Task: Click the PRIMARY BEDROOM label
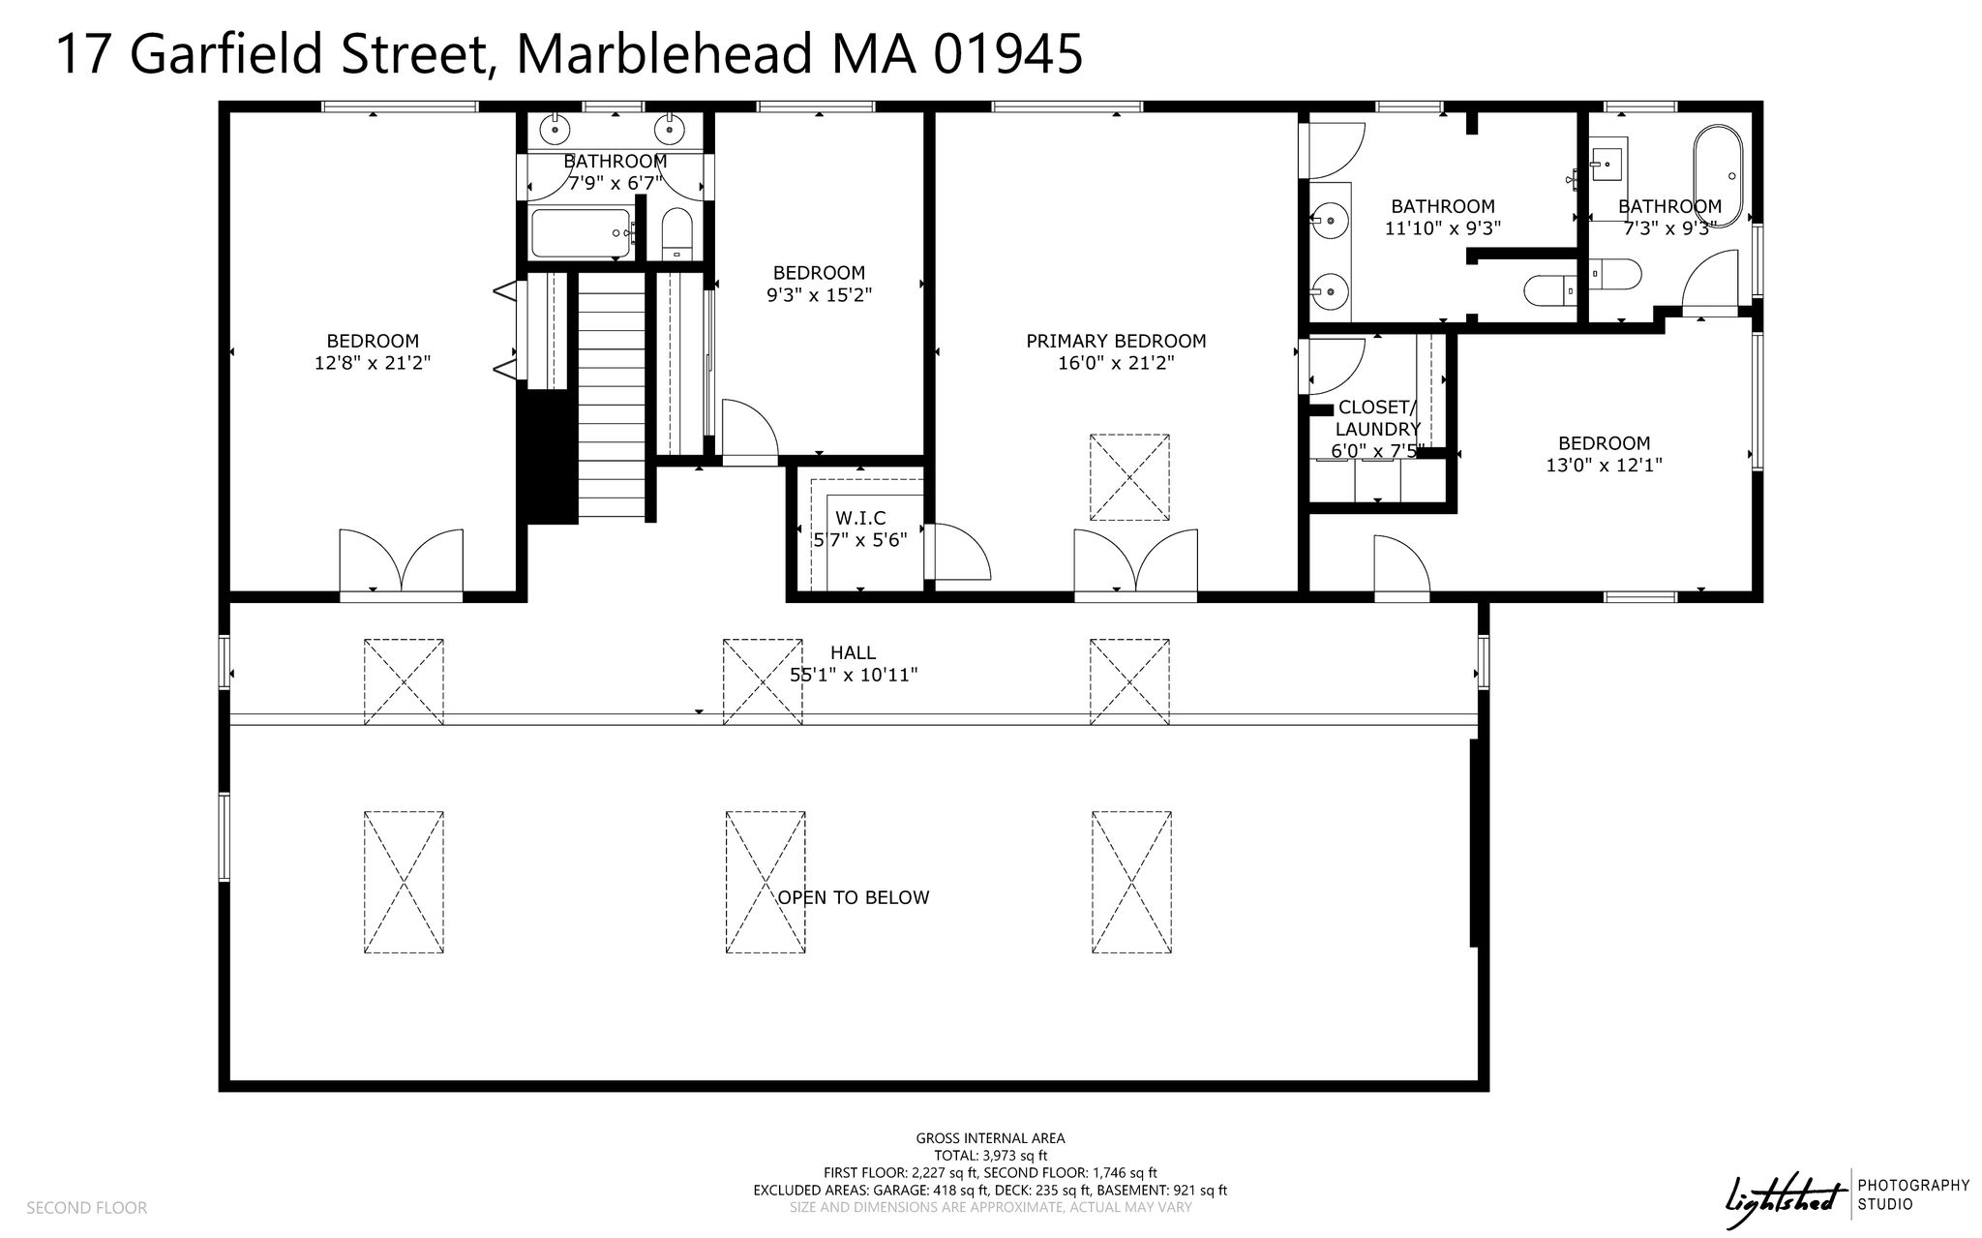pos(1116,341)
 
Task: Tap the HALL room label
pos(853,653)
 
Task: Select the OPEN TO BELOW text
pos(853,897)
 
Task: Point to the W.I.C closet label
pos(860,519)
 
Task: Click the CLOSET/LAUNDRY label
pos(1377,418)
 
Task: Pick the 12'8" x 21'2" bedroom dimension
pos(373,363)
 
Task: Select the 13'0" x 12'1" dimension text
pos(1604,465)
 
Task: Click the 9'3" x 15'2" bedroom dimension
pos(819,295)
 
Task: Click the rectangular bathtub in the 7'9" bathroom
pos(581,232)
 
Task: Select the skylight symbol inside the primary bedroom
pos(1129,477)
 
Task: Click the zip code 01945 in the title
pos(1007,54)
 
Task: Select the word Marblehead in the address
pos(666,54)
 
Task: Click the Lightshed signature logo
pos(1781,1193)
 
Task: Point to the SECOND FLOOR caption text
pos(87,1208)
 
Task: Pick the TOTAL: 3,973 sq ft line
pos(990,1156)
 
